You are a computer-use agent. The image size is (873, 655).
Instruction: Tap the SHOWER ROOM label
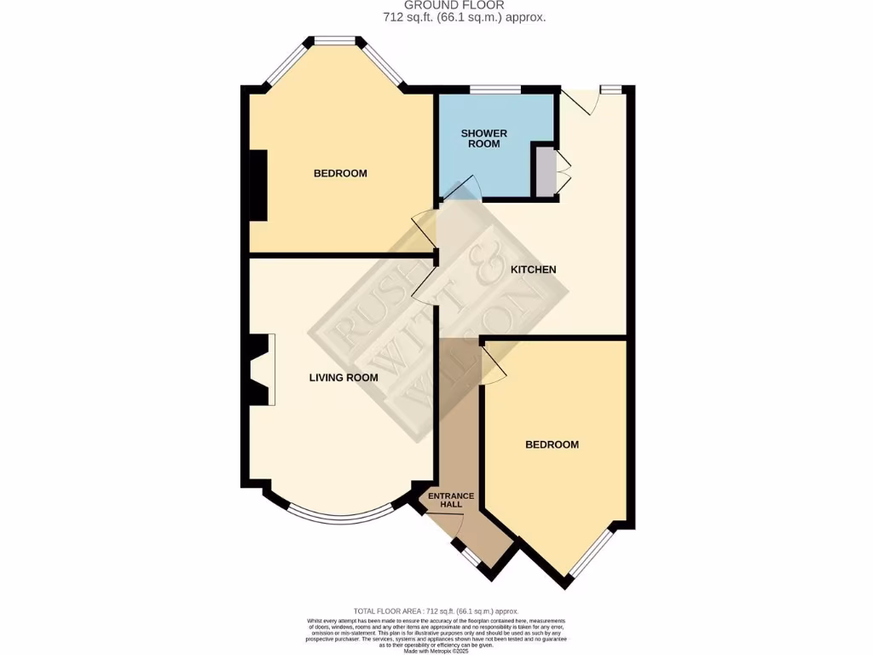pyautogui.click(x=483, y=138)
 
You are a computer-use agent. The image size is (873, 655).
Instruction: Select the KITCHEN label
pyautogui.click(x=533, y=270)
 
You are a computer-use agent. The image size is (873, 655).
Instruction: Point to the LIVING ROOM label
pyautogui.click(x=344, y=377)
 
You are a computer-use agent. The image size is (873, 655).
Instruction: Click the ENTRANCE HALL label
pyautogui.click(x=451, y=500)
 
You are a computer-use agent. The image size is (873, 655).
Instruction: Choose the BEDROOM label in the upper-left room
pyautogui.click(x=340, y=173)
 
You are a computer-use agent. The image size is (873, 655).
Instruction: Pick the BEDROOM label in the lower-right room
pyautogui.click(x=552, y=444)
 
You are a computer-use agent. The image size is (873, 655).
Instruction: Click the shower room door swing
pyautogui.click(x=463, y=188)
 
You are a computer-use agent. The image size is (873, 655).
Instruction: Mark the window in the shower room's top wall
pyautogui.click(x=495, y=89)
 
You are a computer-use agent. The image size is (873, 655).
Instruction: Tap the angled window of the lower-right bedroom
pyautogui.click(x=592, y=552)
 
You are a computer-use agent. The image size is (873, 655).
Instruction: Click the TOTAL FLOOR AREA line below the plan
pyautogui.click(x=436, y=612)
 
